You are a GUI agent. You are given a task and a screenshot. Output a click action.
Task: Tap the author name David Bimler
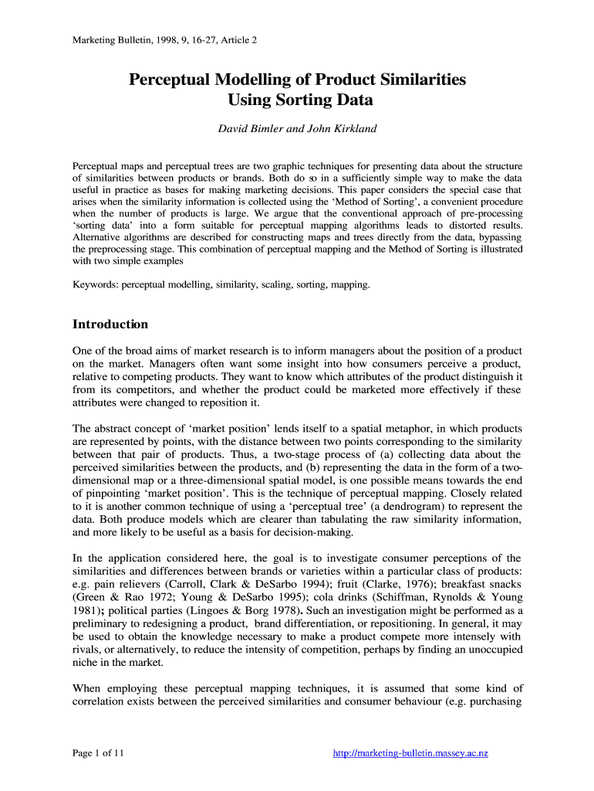click(x=249, y=128)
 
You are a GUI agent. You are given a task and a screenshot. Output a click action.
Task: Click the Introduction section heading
click(x=110, y=324)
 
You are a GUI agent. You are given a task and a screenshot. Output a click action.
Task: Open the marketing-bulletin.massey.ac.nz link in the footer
click(x=411, y=754)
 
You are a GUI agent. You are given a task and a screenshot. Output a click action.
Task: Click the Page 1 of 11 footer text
click(x=98, y=754)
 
